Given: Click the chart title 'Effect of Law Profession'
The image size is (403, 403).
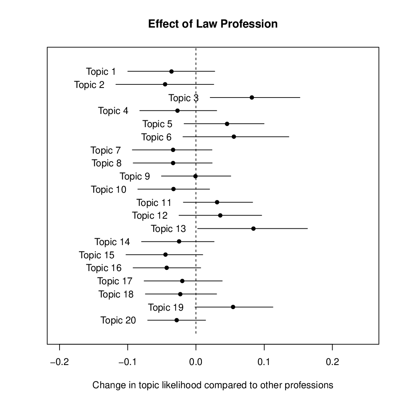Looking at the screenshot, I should [x=213, y=24].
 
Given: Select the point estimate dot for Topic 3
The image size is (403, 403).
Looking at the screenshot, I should [x=252, y=98].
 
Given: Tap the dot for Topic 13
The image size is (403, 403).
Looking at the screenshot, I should [x=253, y=229].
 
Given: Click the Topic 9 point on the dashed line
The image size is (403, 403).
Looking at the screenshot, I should [x=196, y=176].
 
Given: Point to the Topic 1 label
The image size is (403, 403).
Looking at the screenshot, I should [x=101, y=72].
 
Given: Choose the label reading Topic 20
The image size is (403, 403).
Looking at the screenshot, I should [x=118, y=321].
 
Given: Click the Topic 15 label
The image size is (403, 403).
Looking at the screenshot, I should [x=96, y=255].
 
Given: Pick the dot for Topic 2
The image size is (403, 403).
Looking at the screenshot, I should [x=165, y=84].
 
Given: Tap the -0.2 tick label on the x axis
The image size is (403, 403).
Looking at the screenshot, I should [x=60, y=362].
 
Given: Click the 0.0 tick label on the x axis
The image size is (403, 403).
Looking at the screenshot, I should [x=196, y=362].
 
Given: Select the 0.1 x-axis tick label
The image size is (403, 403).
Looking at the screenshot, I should [x=264, y=362].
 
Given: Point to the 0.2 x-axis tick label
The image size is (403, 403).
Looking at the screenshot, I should [x=332, y=362].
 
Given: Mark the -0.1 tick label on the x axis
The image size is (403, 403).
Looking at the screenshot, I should [x=128, y=362].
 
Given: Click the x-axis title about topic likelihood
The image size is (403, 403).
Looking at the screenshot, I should [x=213, y=385].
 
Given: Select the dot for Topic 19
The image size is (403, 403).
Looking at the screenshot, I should [x=233, y=307].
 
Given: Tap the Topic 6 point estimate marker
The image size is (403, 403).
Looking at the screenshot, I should [x=234, y=137].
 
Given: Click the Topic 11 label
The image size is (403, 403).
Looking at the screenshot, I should [x=154, y=203].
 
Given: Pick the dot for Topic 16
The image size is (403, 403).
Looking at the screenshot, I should [x=167, y=268].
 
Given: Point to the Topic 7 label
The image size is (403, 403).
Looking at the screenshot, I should [x=106, y=150].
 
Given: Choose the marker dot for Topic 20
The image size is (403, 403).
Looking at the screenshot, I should [x=177, y=320].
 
